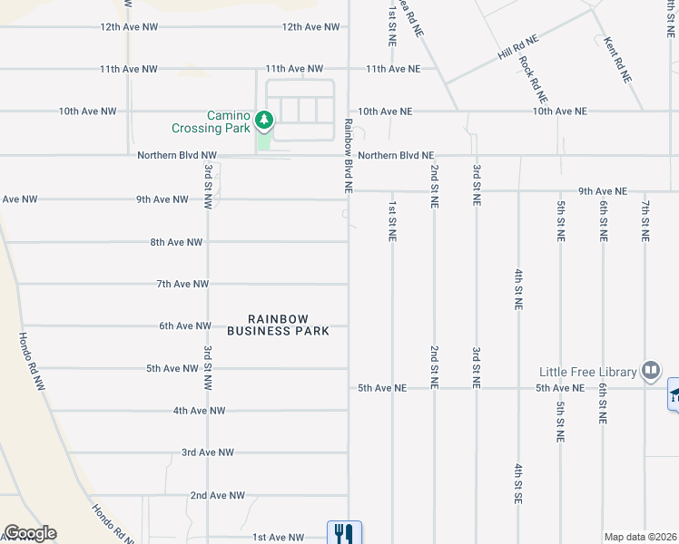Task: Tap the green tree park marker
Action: pos(264,119)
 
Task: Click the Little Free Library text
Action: pos(588,372)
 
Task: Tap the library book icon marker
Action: pos(650,370)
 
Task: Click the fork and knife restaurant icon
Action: pos(344,533)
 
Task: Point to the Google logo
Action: pos(29,533)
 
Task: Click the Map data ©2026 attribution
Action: pos(641,537)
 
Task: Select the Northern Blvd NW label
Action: pos(177,155)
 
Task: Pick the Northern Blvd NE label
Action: pos(396,155)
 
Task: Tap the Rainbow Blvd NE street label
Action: pos(348,156)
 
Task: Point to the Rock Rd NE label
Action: pos(533,78)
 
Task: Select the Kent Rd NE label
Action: pos(618,60)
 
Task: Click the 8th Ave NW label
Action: pos(176,242)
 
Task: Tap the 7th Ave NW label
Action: pos(182,284)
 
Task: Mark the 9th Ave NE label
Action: pos(603,191)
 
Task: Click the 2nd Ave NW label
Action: pos(217,495)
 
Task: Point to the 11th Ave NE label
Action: pos(393,69)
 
